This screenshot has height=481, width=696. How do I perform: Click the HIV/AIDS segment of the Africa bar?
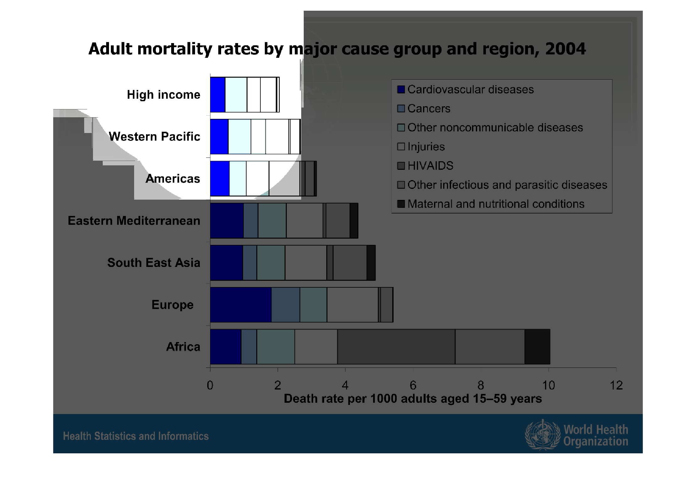coord(396,346)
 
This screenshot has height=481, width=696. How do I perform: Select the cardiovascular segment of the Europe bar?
coord(241,305)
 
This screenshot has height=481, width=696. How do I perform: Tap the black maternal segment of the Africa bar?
coord(537,346)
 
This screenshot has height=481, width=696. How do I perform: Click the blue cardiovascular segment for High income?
coord(218,95)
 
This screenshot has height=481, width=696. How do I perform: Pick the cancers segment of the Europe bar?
coord(285,305)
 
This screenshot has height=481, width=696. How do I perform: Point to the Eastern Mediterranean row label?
coord(134,221)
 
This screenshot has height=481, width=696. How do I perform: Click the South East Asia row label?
coord(154,263)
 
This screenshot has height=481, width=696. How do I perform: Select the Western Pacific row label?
coord(154,136)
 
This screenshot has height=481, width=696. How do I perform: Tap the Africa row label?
coord(183,346)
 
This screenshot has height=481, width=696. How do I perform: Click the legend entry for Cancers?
coord(428,108)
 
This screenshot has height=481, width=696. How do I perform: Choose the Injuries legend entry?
coord(426,147)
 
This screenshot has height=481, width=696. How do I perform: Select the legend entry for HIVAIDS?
coord(430,166)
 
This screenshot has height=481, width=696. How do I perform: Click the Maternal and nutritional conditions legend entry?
coord(496,204)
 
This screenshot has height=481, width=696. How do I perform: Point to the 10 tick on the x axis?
coord(548,385)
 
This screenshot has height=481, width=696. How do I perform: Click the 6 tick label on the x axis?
coord(413,385)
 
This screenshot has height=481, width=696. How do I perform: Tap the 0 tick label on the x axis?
coord(210,385)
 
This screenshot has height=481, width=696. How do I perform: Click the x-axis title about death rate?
coord(413,399)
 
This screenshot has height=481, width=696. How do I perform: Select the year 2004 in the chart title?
coord(565,49)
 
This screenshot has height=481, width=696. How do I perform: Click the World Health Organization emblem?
coord(542,435)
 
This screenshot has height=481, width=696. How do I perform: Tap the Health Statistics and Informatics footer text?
coord(136,436)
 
